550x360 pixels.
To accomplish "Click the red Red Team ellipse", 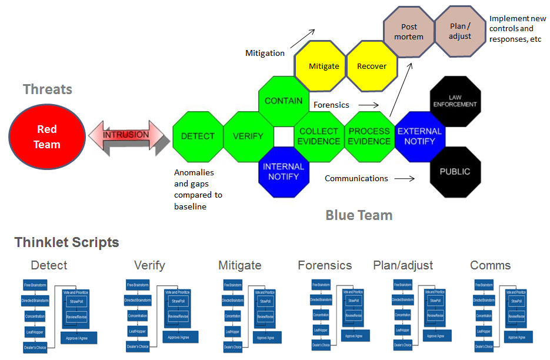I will point(47,137).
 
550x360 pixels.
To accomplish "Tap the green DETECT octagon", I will point(198,136).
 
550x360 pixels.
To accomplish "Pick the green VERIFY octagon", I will point(248,136).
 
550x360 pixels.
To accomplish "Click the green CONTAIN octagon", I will point(284,101).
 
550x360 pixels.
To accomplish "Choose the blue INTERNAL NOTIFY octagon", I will point(284,171).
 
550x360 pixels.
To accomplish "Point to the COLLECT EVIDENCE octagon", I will point(318,136).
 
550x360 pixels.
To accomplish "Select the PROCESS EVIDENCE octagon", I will point(369,136).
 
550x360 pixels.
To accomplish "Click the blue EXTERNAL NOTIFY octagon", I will point(419,136).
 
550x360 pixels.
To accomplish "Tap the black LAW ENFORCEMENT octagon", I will point(455,101).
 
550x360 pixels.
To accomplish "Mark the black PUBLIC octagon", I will point(455,172).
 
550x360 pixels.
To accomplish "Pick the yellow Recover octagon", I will point(372,66).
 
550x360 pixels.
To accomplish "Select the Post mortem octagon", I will point(409,32).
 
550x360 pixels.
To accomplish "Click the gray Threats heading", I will point(48,89).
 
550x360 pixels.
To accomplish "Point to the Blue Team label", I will point(359,215).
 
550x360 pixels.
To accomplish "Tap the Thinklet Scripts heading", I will point(66,242).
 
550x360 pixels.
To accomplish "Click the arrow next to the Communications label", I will point(405,178).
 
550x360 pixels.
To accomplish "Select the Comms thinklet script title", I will point(491,265).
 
